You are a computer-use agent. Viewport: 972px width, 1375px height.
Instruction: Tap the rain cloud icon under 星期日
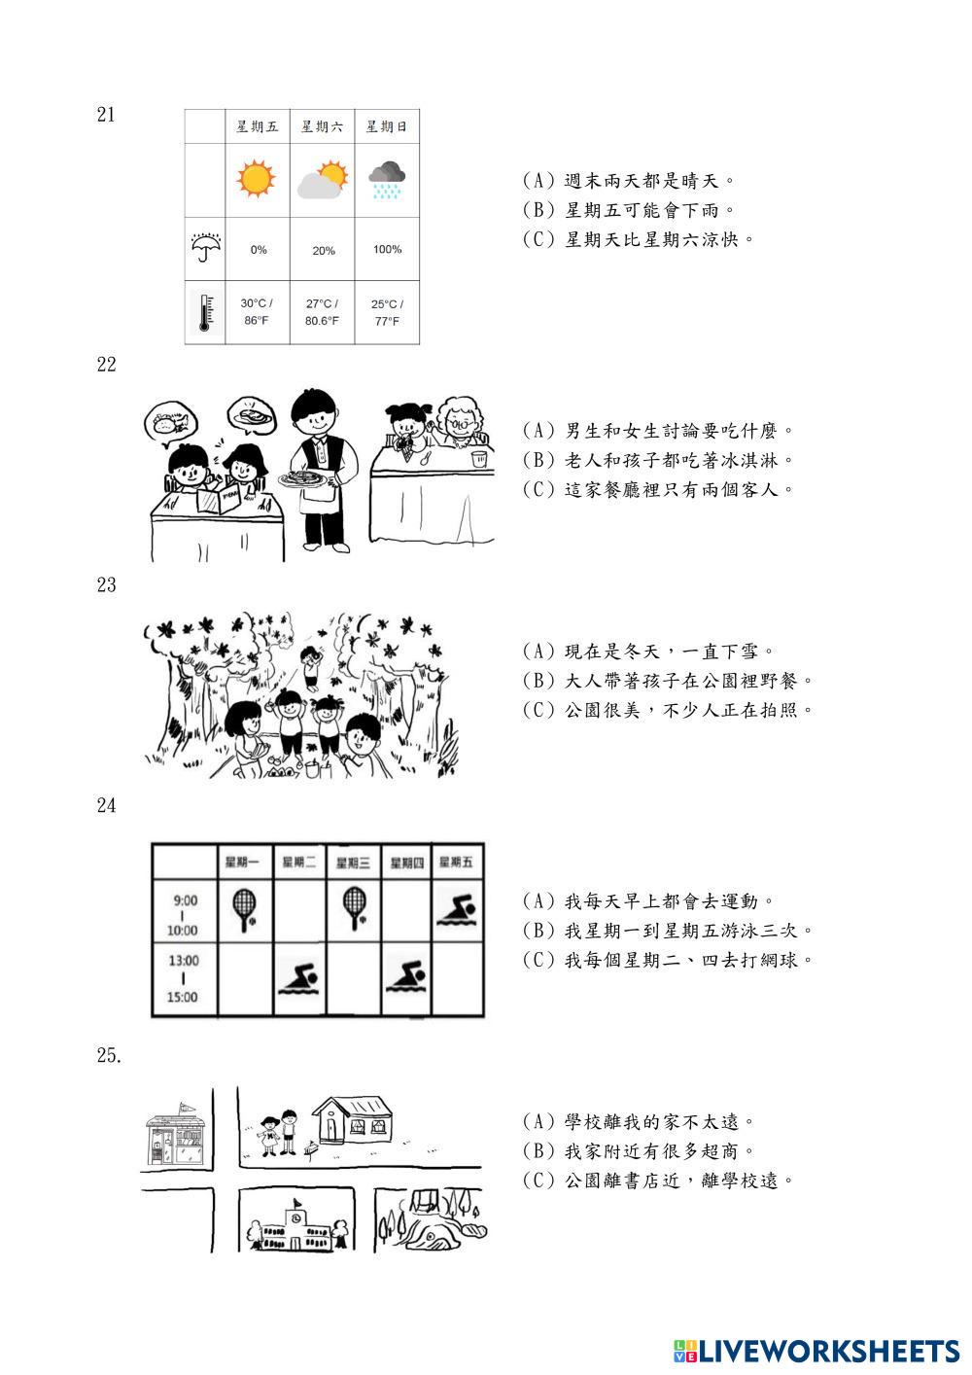click(x=387, y=180)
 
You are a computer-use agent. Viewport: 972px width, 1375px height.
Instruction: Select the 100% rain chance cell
click(x=387, y=250)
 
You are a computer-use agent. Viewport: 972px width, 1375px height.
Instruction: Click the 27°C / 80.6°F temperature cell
click(x=322, y=312)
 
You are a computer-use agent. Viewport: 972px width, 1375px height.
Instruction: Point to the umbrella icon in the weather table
click(x=205, y=248)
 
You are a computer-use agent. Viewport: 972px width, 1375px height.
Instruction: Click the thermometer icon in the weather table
click(x=204, y=313)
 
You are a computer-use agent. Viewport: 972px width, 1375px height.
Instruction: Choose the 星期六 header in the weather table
click(x=322, y=126)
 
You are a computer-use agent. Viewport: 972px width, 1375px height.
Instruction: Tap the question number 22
click(x=106, y=365)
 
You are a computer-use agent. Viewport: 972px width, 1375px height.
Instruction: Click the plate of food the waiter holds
click(x=304, y=479)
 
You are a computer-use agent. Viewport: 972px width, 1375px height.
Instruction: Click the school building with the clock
click(x=294, y=1228)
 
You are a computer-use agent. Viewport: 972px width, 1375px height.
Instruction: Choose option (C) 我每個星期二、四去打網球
click(x=668, y=961)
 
